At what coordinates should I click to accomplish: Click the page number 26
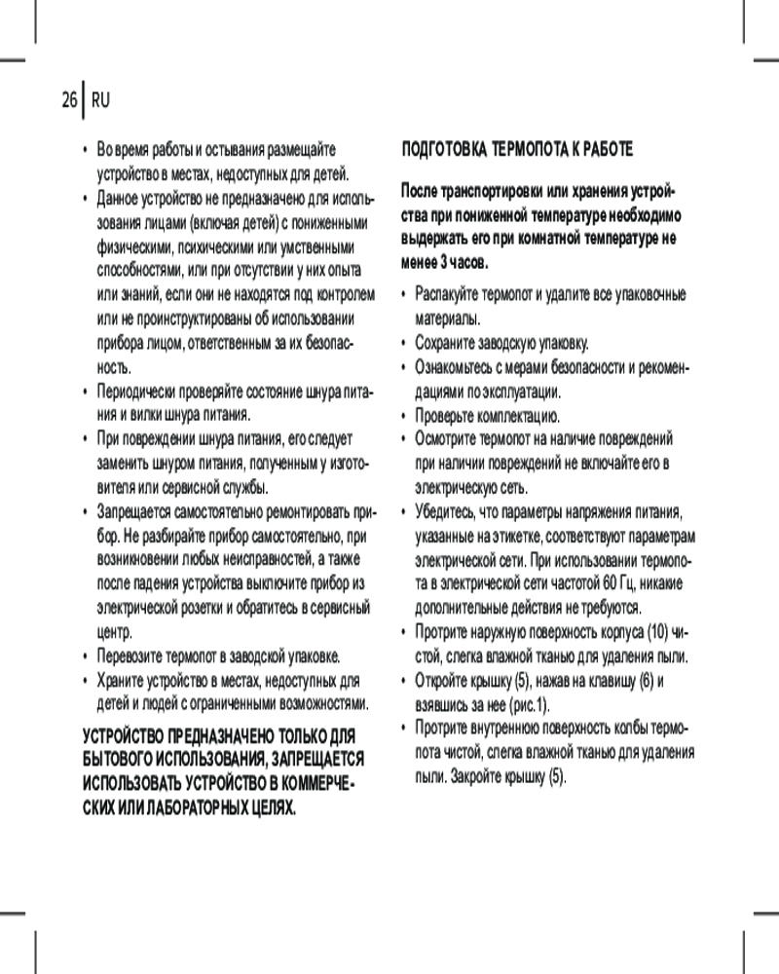(x=68, y=99)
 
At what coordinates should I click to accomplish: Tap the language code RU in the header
(x=101, y=99)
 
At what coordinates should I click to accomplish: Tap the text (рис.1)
(x=529, y=704)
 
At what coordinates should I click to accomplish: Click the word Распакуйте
(x=449, y=294)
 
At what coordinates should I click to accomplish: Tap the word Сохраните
(x=446, y=343)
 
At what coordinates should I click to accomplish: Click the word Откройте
(x=445, y=681)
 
